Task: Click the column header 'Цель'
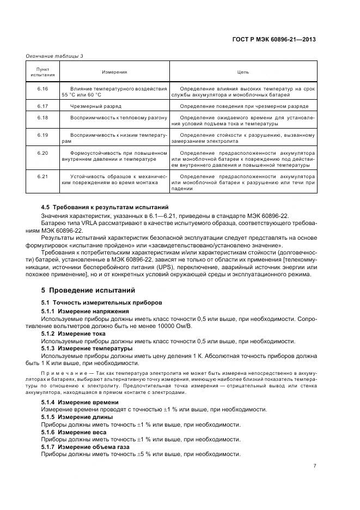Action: point(243,72)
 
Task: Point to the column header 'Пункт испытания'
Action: point(42,72)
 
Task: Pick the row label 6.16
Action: point(42,88)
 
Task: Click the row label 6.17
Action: point(42,106)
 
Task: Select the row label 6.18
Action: point(42,118)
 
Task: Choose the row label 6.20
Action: point(42,153)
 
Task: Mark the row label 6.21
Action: point(42,176)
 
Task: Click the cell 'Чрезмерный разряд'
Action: point(96,106)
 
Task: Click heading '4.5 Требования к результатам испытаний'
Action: point(105,207)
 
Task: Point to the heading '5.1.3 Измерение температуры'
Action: point(87,348)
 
